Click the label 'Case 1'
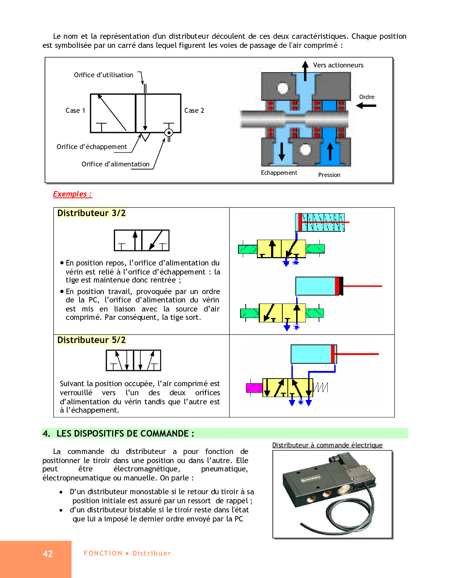75,111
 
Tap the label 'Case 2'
194,111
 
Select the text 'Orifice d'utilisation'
103,75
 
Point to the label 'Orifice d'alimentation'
115,164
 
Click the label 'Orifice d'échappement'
92,147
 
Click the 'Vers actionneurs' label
338,65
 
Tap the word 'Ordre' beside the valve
367,97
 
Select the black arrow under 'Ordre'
366,106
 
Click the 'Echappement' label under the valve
279,173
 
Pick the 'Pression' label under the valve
329,175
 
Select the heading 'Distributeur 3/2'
91,213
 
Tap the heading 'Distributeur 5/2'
91,340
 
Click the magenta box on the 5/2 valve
254,388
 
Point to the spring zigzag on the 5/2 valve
321,388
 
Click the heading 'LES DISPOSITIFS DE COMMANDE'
125,434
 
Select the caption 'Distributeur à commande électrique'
327,445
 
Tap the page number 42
48,554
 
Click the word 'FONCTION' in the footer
103,553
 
